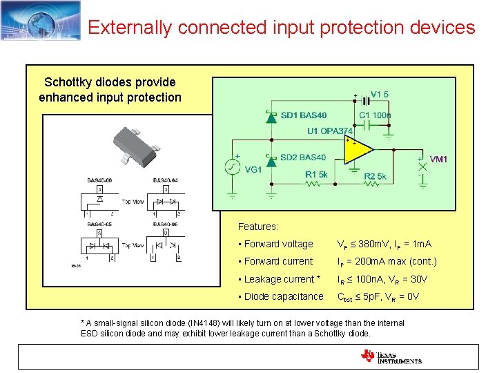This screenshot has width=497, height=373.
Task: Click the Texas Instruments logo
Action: click(391, 356)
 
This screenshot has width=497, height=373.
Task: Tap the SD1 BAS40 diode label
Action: click(304, 115)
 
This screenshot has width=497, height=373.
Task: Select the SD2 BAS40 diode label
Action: click(304, 157)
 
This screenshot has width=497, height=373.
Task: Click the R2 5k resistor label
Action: click(375, 177)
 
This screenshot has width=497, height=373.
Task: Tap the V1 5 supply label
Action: click(380, 95)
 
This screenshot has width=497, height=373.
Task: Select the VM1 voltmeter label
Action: click(438, 159)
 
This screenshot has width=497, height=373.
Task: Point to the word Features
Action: click(257, 227)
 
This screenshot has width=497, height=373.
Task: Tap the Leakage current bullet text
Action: click(279, 279)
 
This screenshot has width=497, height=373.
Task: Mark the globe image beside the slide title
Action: click(41, 21)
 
